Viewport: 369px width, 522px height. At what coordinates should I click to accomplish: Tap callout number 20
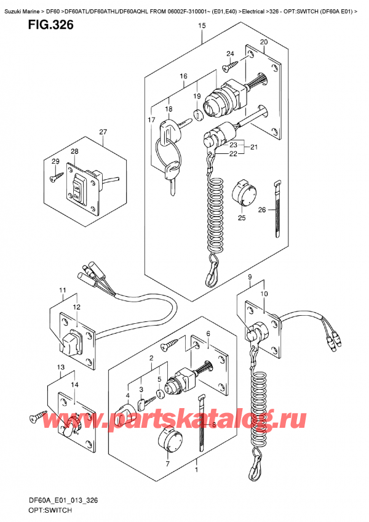point(264,42)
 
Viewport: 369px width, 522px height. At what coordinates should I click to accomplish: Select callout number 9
point(250,278)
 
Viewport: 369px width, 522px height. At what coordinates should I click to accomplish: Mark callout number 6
point(208,334)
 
